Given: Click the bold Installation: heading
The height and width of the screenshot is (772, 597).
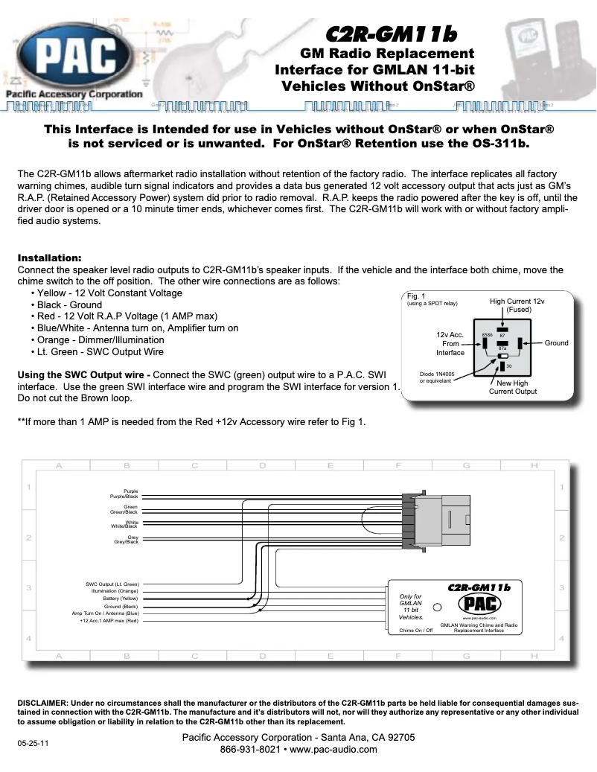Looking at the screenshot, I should coord(49,258).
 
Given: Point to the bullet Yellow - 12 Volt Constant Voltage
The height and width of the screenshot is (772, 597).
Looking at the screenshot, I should coord(109,293).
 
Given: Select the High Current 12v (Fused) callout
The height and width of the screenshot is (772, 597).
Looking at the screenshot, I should coord(517,305).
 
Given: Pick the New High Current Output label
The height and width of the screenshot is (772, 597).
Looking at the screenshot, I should coord(512,387).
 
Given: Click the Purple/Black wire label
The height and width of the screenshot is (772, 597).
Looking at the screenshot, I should coord(124,497).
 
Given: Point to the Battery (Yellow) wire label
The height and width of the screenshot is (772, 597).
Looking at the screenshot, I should coord(120,599).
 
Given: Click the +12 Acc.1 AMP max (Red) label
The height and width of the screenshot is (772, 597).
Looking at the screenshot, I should coord(109,620).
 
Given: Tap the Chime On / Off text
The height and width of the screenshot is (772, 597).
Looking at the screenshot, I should coord(415,631).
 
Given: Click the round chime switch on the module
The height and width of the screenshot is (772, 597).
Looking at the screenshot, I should coord(438,607).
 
